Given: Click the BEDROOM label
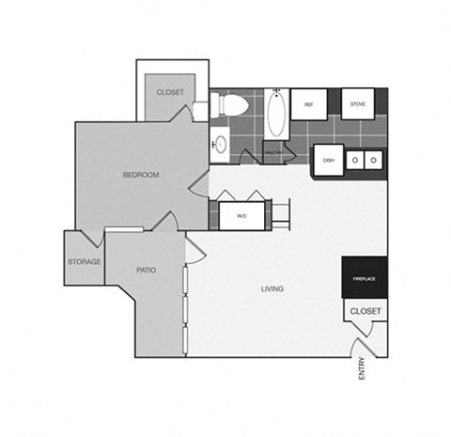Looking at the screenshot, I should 140,175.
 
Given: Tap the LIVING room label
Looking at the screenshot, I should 272,289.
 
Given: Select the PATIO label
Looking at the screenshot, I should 146,270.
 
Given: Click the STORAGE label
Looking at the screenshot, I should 85,261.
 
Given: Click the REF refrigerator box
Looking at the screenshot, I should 308,104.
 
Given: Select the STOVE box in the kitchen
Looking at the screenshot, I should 358,103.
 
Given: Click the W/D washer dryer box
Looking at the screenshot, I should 241,216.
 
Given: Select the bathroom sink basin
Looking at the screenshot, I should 220,145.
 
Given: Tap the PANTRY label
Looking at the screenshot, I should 273,152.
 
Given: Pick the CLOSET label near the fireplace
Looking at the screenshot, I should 365,310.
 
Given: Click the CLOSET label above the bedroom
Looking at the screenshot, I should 170,92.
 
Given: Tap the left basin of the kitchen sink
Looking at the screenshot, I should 356,160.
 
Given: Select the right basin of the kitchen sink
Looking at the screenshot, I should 373,160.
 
